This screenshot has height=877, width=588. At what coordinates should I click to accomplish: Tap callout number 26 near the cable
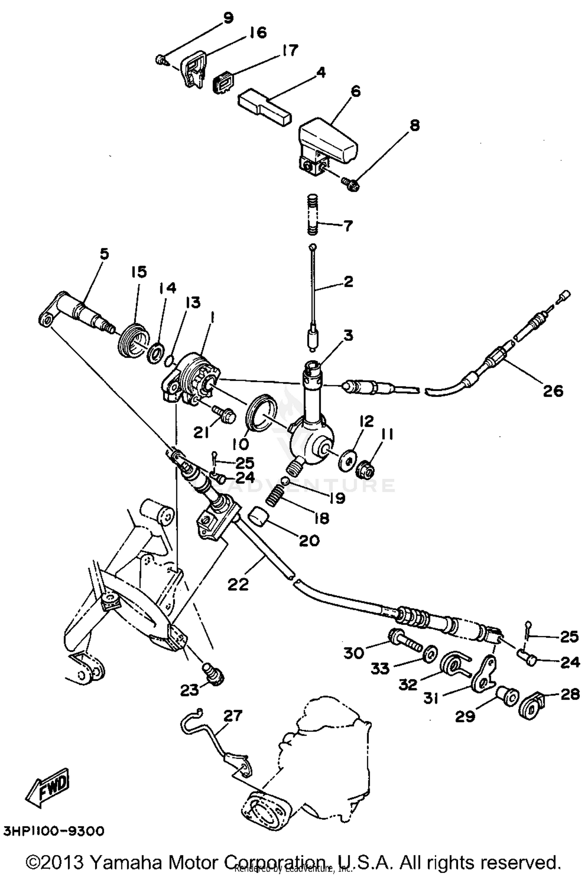553,391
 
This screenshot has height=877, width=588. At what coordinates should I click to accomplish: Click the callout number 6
355,92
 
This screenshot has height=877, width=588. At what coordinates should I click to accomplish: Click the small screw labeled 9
160,60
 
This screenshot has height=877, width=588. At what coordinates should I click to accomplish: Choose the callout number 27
233,715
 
